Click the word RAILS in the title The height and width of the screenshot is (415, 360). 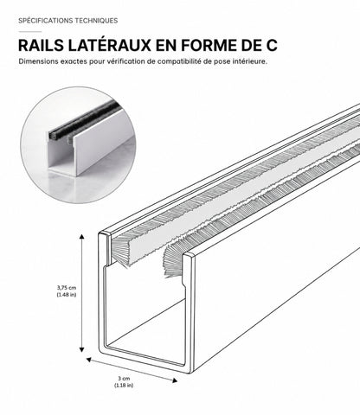tap(41, 45)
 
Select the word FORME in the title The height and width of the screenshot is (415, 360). tap(209, 45)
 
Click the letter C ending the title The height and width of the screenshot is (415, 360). tap(271, 45)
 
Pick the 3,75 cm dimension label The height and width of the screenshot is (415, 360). tap(67, 287)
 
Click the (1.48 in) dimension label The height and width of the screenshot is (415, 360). tap(67, 295)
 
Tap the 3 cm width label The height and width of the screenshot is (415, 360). tap(124, 379)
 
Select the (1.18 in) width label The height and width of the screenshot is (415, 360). tap(124, 386)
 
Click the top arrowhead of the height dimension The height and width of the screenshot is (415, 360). tap(82, 237)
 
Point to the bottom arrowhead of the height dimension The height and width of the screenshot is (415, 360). tap(82, 349)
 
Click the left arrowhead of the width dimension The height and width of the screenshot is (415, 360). tap(89, 360)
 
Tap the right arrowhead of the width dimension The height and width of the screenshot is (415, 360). tap(175, 380)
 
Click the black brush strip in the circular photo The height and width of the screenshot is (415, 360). tap(84, 120)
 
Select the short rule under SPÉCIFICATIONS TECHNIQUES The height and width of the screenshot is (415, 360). tap(30, 31)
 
